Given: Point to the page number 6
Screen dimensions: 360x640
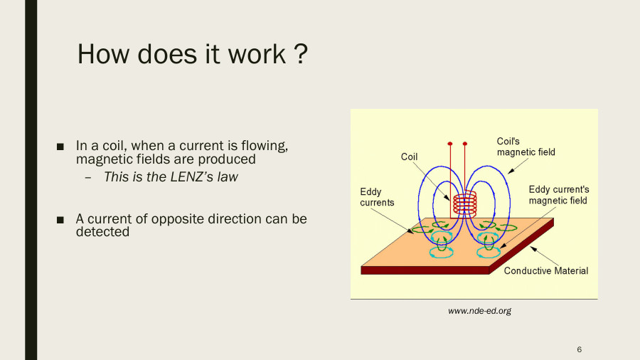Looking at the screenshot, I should [x=580, y=349].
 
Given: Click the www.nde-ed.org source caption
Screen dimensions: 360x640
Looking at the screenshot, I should [x=479, y=311].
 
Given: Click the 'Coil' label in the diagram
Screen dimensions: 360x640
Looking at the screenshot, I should [x=409, y=157].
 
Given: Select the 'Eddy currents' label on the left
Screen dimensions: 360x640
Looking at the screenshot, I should [x=377, y=197].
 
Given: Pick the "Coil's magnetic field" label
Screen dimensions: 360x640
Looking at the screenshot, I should [x=526, y=147].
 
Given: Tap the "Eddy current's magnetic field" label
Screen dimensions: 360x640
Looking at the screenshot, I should [x=558, y=195].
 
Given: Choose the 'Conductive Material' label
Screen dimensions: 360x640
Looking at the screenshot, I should [x=545, y=271].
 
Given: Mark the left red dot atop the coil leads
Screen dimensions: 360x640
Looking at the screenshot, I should [x=450, y=143].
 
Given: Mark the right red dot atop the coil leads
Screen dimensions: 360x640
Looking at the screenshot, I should [x=464, y=143].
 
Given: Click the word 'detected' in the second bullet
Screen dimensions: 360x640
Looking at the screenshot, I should [x=102, y=231].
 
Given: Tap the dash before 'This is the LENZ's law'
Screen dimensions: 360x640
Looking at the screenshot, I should [x=87, y=177].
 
